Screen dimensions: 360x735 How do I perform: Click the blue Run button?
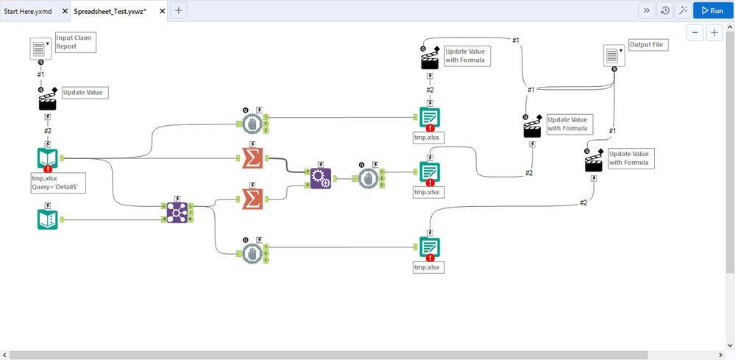point(711,10)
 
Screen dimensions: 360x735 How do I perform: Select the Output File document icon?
point(614,55)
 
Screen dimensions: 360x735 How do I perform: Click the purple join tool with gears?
point(321,178)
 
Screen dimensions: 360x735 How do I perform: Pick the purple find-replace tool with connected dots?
point(177,213)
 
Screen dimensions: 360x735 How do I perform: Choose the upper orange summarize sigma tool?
point(252,158)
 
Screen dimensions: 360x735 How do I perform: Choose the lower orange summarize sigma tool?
point(252,200)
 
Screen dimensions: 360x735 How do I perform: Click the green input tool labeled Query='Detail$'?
point(48,158)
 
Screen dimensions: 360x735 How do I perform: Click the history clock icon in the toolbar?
point(665,10)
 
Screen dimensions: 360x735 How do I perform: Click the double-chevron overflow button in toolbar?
point(647,10)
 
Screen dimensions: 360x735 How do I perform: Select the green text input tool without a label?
point(48,219)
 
